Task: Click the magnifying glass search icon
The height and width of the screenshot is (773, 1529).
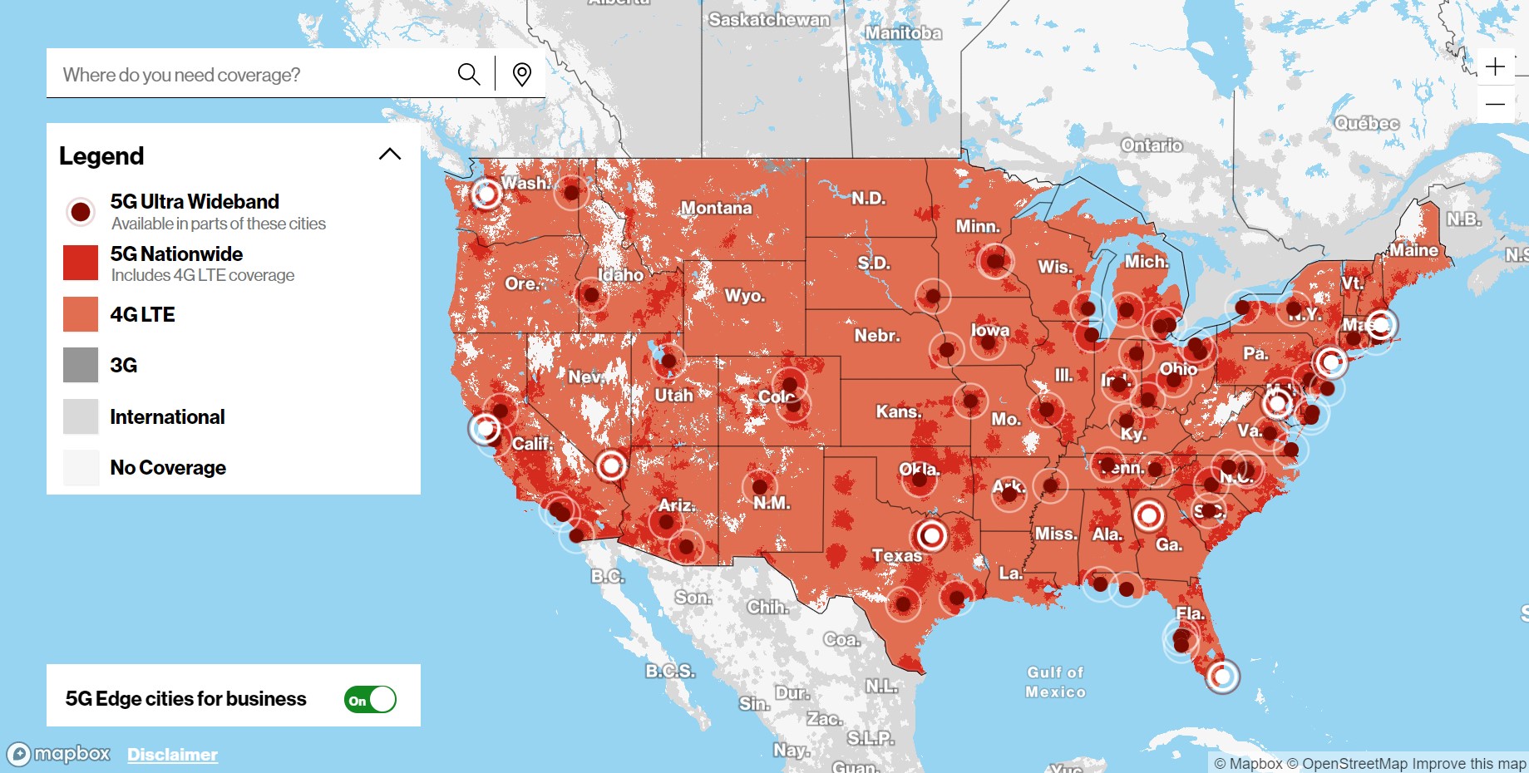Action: (x=469, y=74)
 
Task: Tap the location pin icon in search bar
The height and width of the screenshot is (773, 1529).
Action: (x=522, y=74)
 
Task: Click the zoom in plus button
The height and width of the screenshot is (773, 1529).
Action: (x=1495, y=66)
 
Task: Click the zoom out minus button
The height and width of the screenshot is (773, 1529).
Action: (x=1495, y=105)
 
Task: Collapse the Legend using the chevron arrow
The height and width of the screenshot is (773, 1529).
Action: (x=390, y=154)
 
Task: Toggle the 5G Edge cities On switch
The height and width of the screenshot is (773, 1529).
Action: (x=370, y=700)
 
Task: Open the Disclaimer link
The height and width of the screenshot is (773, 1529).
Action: (x=172, y=755)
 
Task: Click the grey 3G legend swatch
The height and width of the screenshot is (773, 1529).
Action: (x=81, y=365)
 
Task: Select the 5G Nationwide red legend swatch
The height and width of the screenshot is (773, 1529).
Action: (x=81, y=263)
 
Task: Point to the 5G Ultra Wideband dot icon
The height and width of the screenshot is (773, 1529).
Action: (x=81, y=212)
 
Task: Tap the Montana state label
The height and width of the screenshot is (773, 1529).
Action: (x=716, y=208)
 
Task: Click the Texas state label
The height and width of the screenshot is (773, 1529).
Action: (x=896, y=555)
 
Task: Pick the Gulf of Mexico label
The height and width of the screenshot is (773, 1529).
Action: (x=1055, y=682)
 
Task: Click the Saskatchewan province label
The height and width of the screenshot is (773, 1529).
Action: (x=768, y=19)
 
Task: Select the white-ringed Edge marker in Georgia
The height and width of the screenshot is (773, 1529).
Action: (x=1149, y=516)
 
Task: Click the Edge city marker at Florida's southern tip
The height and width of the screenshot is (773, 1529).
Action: (x=1222, y=677)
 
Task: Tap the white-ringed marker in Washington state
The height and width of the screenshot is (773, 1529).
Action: (x=486, y=194)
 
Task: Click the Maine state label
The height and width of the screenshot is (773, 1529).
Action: (x=1413, y=250)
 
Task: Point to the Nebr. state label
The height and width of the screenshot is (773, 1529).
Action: (x=877, y=335)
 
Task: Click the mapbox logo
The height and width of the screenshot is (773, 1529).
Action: (x=59, y=754)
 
